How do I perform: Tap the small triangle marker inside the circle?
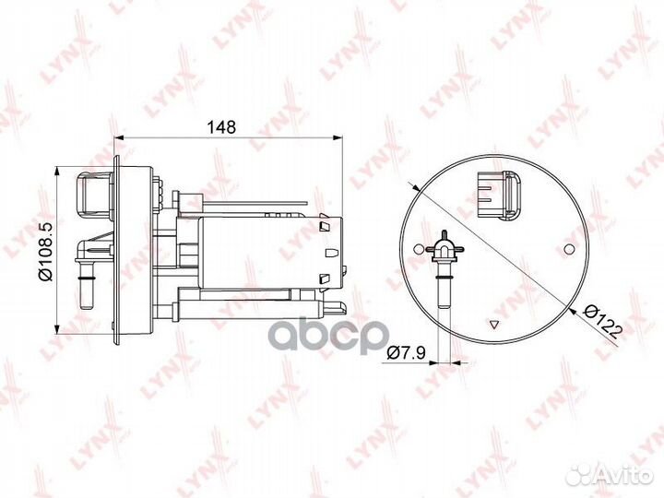[496, 324]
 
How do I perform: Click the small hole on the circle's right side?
[570, 248]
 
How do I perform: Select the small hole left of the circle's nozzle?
[421, 248]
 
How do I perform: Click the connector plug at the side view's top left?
[92, 195]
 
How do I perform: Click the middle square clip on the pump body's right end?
[325, 250]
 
